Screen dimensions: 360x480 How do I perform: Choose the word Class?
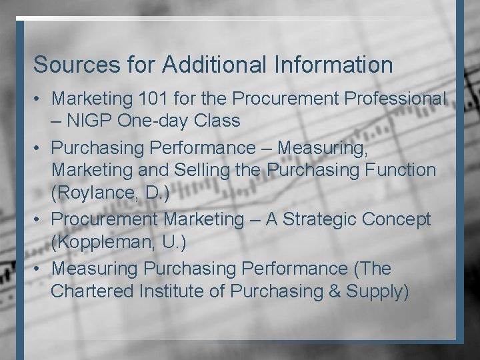point(217,121)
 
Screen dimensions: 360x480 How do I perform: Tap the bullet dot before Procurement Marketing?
point(39,219)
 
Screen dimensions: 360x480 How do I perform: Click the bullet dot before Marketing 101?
point(39,99)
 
